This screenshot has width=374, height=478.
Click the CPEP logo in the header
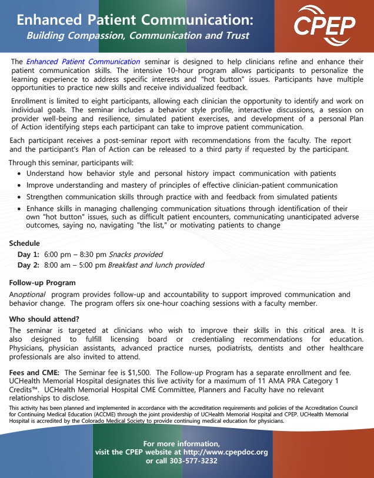point(325,24)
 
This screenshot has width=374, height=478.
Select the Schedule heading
point(24,243)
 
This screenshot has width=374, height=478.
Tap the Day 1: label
point(28,255)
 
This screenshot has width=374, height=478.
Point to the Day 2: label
point(28,265)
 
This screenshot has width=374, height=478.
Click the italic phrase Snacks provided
point(136,255)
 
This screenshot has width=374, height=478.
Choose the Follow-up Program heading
point(42,283)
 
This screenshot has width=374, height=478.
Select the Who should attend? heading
point(44,319)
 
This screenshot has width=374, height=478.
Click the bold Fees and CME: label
point(34,372)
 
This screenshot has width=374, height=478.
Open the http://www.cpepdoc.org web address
point(218,452)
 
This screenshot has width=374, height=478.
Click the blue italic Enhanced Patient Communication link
point(83,62)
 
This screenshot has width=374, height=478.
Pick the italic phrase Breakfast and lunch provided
point(156,265)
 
